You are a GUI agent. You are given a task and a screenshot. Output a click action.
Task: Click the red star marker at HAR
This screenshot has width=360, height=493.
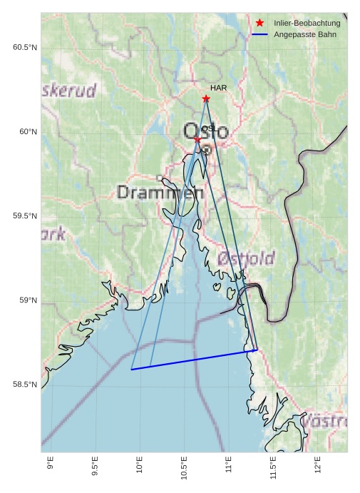[206, 98]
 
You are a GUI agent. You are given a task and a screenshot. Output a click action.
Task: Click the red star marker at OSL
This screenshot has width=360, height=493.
[197, 139]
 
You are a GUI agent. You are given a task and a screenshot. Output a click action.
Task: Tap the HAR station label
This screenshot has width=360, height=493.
[218, 88]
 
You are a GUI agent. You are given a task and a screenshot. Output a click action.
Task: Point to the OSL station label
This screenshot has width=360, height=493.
[209, 128]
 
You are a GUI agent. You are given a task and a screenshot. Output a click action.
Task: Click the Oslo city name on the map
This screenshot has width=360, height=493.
[206, 132]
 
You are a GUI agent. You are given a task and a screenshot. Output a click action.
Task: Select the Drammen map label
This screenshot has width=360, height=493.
[155, 193]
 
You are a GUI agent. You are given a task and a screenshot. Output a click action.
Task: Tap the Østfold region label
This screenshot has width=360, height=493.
[246, 258]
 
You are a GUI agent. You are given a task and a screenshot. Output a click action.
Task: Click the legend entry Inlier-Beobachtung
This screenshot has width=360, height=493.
[307, 24]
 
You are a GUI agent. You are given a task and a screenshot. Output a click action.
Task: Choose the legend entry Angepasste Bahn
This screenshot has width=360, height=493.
[302, 35]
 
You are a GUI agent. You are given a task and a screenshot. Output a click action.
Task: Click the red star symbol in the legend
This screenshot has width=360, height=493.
[259, 24]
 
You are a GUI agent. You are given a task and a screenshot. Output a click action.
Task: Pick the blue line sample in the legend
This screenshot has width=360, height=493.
[259, 35]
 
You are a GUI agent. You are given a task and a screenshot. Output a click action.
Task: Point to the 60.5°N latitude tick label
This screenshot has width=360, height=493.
[25, 47]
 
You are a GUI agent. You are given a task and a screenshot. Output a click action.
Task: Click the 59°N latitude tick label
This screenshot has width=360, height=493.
[28, 300]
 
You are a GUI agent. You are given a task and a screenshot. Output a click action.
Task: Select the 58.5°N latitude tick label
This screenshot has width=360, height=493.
[25, 385]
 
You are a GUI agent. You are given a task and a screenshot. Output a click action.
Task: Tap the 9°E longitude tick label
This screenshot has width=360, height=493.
[50, 464]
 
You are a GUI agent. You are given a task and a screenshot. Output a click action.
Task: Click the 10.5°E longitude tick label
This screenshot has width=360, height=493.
[184, 467]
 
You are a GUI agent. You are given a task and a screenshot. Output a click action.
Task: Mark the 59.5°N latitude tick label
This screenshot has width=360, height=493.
[25, 216]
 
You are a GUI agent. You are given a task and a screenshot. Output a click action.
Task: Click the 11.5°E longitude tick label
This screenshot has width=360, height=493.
[273, 467]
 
